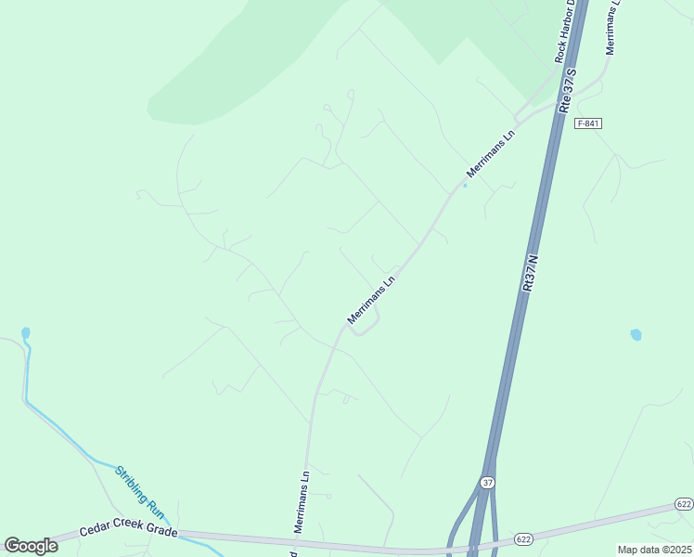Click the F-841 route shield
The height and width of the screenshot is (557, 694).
click(x=588, y=123)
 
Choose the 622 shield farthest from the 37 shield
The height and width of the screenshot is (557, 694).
click(x=684, y=504)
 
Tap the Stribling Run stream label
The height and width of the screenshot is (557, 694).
click(x=139, y=492)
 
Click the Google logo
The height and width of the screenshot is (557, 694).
click(x=31, y=545)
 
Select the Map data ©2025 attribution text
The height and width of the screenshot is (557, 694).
click(x=655, y=550)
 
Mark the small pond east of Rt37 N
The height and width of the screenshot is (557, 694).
click(x=636, y=334)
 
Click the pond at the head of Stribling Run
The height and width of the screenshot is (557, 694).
click(x=25, y=332)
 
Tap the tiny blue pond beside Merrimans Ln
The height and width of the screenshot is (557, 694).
click(x=465, y=184)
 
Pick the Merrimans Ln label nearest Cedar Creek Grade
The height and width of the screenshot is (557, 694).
click(x=302, y=501)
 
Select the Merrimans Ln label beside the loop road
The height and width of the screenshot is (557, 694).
click(x=371, y=299)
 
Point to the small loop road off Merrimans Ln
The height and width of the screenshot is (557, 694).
click(x=368, y=324)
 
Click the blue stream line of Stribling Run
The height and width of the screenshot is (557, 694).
click(x=65, y=434)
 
